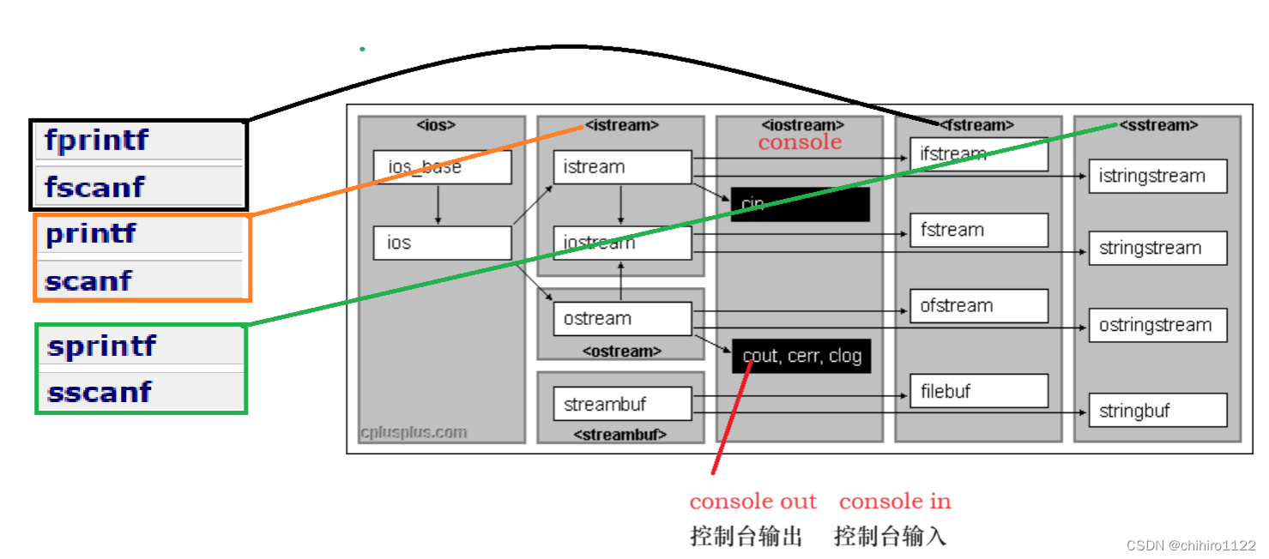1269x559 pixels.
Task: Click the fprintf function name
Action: coord(96,139)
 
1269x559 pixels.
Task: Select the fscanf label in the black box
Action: coord(94,187)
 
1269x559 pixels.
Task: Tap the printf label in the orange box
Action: coord(91,233)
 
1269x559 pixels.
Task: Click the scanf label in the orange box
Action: coord(88,280)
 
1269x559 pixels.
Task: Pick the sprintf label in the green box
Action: coord(102,346)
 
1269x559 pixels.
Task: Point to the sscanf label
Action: coord(100,392)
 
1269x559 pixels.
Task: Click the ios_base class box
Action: coord(442,166)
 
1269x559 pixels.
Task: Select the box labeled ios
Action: coord(442,243)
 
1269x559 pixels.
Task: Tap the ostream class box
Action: coord(622,319)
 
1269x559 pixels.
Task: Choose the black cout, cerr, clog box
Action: coord(801,356)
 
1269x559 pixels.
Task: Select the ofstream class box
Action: coord(979,306)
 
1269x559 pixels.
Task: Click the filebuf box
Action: coord(979,391)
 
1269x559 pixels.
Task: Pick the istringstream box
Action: coord(1157,176)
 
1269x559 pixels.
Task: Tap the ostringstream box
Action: coord(1157,325)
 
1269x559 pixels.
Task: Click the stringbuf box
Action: coord(1157,411)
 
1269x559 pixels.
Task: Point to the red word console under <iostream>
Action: coord(800,142)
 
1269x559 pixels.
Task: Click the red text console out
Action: coord(753,502)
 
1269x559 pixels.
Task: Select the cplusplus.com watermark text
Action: coord(414,432)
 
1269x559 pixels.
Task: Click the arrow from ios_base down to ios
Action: coord(438,205)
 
